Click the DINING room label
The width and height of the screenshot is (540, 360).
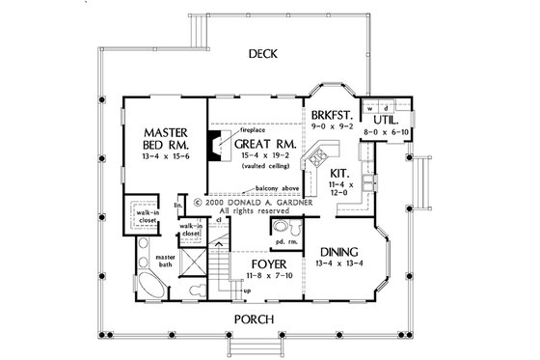point(342,247)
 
